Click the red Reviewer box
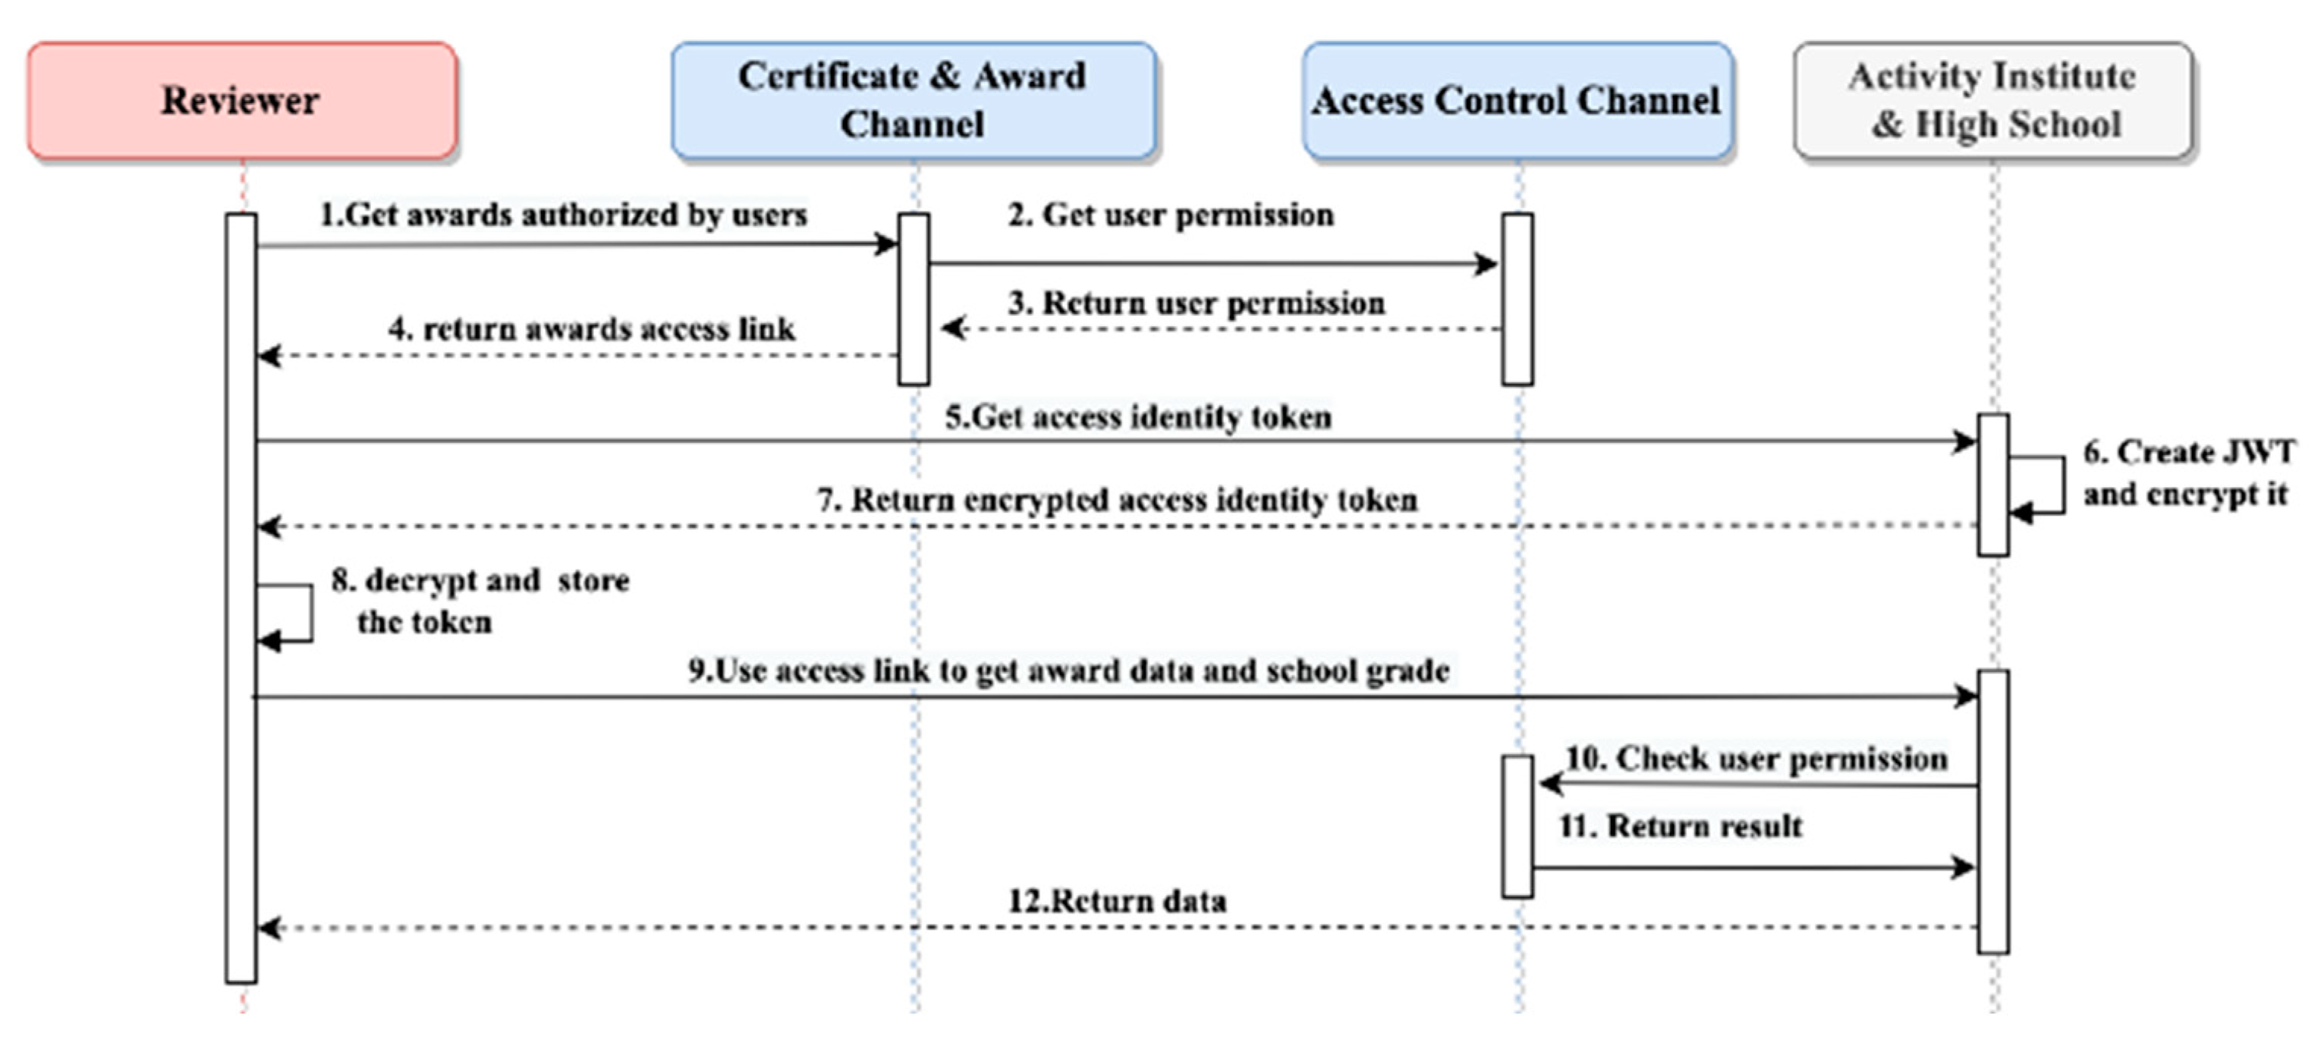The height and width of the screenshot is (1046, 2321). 241,100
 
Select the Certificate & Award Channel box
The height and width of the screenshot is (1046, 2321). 913,100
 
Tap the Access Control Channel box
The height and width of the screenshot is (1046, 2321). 1517,100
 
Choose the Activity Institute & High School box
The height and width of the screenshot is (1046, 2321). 1993,100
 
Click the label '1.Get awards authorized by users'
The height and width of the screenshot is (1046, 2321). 563,215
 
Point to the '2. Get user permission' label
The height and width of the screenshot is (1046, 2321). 1171,215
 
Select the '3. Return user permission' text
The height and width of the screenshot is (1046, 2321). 1196,303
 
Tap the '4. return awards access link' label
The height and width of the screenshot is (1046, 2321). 592,329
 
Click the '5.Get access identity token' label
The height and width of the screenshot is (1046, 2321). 1137,417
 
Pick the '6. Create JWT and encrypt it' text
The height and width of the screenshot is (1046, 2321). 2187,473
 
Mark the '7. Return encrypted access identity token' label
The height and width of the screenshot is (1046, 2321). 1116,500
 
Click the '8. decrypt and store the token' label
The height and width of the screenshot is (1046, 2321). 480,601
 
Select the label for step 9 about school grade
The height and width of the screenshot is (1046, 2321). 1068,671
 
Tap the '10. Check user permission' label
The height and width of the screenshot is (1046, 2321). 1756,759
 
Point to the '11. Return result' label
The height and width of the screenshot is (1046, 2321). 1681,826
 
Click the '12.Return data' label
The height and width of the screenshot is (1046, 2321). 1116,901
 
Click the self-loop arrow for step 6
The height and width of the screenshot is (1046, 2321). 2062,485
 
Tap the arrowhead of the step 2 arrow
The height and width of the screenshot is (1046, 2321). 1486,264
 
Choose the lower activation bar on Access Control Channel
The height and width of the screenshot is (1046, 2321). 1517,826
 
